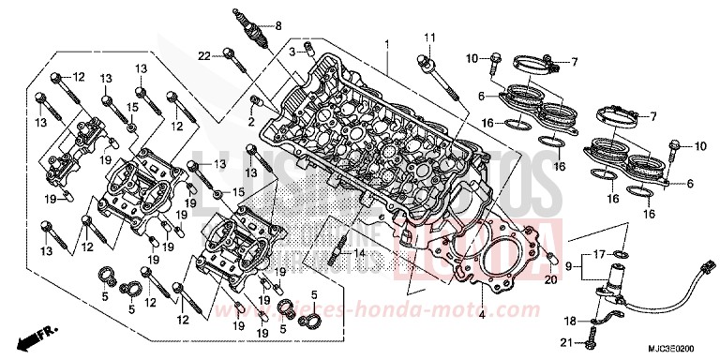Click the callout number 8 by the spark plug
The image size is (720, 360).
point(277,26)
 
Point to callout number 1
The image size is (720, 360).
point(385,45)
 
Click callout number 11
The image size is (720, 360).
point(430,37)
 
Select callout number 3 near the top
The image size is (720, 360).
point(292,50)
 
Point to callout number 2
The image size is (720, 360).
point(252,122)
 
